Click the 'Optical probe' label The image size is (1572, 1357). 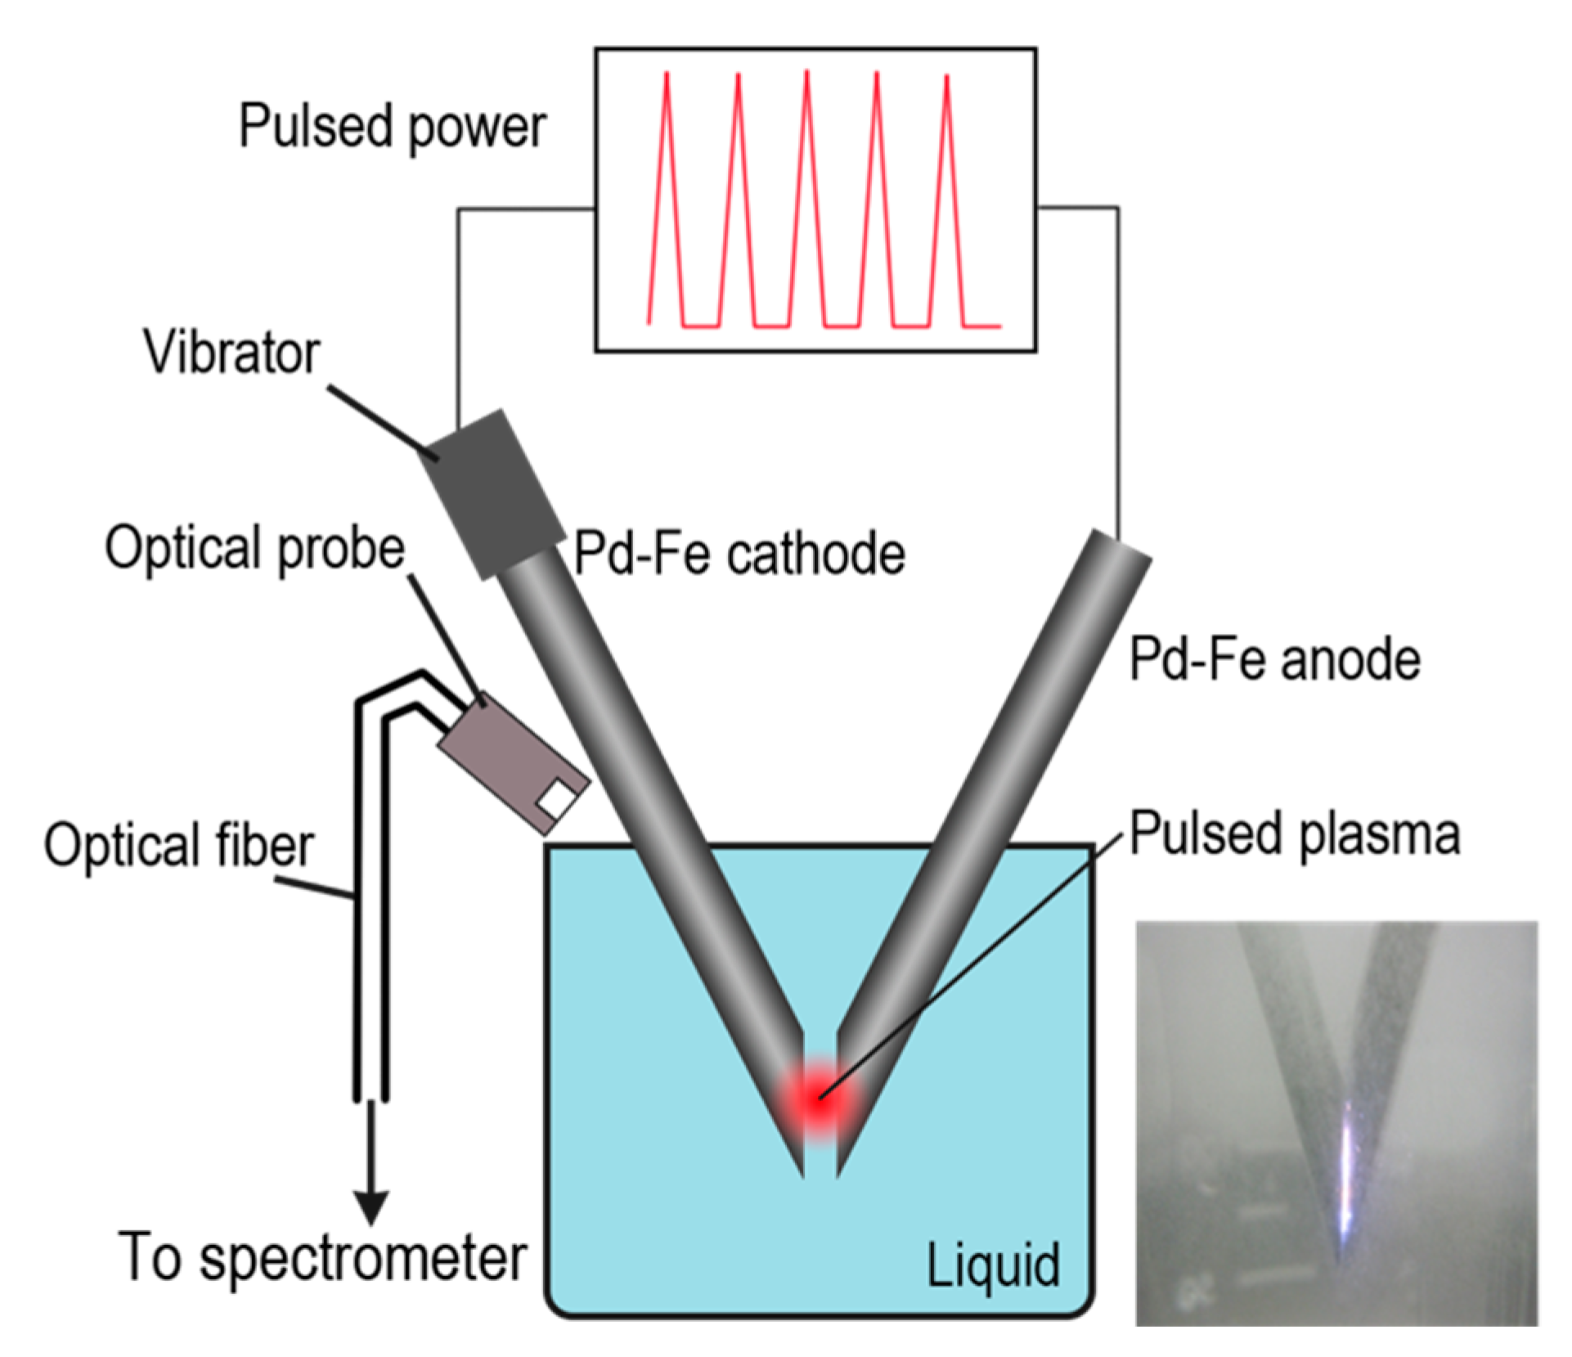254,548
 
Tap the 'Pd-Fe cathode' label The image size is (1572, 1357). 739,555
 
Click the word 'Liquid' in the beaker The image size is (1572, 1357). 993,1265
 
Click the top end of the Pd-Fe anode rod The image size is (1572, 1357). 1121,548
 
